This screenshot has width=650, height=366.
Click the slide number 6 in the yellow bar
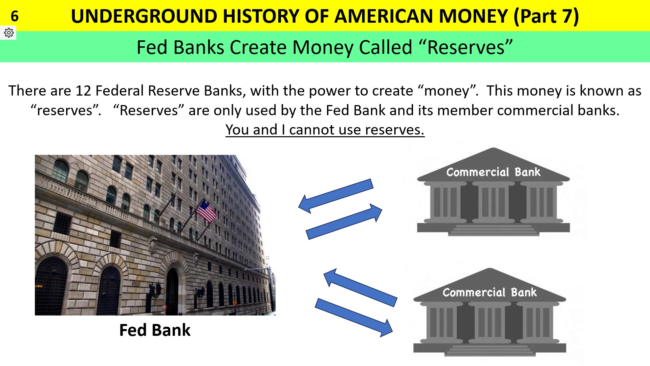(x=15, y=16)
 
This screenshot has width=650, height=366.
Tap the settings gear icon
(x=9, y=33)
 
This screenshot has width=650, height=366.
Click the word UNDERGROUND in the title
(x=144, y=16)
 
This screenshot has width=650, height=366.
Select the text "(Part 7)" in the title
(x=546, y=16)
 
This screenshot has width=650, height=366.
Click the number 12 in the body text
(x=83, y=91)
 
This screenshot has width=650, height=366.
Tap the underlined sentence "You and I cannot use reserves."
(x=325, y=130)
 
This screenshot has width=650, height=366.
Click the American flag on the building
(x=206, y=211)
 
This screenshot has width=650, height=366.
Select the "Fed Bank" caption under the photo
(x=155, y=330)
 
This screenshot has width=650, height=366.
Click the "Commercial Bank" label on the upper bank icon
(x=493, y=172)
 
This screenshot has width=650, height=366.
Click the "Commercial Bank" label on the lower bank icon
(x=490, y=292)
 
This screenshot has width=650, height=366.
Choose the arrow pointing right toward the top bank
(x=344, y=222)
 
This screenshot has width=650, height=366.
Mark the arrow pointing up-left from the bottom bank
(x=360, y=287)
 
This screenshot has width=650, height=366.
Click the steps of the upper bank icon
(x=494, y=230)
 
